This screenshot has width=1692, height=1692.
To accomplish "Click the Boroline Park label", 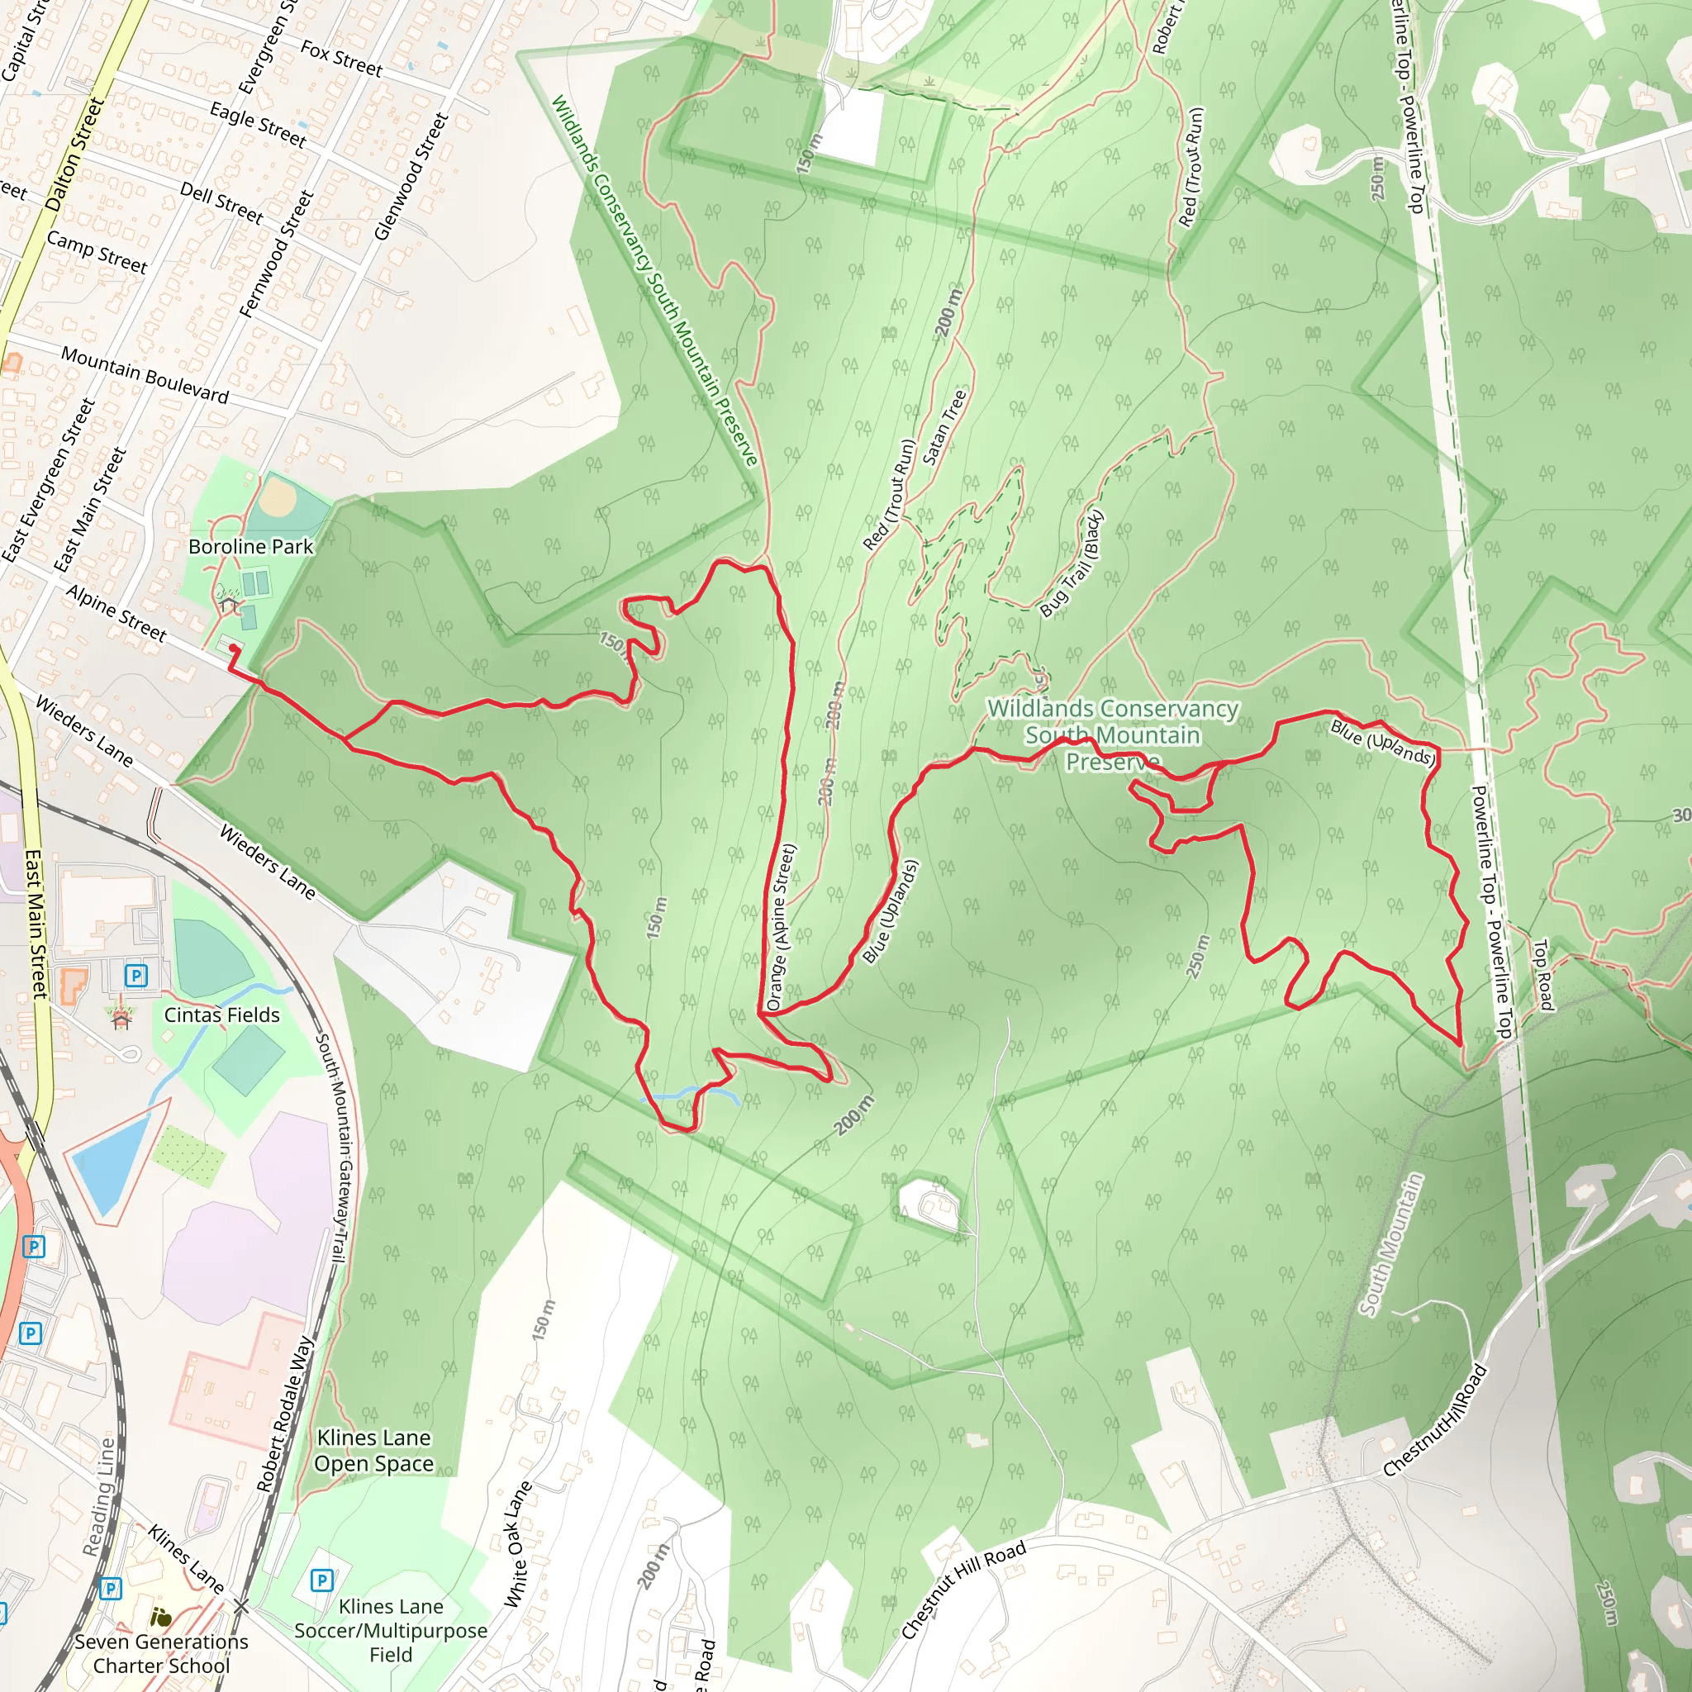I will [250, 546].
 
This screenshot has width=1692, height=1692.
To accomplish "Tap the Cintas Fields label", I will [221, 1015].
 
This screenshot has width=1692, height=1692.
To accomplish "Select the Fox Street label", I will [341, 59].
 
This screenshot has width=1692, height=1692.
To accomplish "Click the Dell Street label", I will [221, 202].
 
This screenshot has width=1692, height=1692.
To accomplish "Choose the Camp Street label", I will [97, 251].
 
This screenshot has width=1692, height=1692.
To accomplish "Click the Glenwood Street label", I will [411, 176].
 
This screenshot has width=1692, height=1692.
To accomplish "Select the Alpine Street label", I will [116, 613].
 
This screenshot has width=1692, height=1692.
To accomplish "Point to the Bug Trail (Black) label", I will [1071, 564].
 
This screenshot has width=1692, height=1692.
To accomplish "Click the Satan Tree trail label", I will [945, 426].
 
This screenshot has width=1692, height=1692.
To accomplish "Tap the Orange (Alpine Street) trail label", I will [778, 928].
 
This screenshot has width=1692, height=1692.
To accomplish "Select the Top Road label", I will [1542, 974].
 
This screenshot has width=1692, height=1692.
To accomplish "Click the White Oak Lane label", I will [517, 1545].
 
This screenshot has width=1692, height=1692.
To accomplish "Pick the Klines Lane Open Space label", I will [374, 1450].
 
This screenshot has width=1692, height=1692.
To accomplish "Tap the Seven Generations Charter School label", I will [161, 1653].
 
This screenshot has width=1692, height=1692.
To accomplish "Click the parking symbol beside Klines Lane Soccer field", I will [321, 1580].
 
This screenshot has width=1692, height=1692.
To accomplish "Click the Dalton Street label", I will [74, 154].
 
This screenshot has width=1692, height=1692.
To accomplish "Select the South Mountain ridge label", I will [1390, 1244].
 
